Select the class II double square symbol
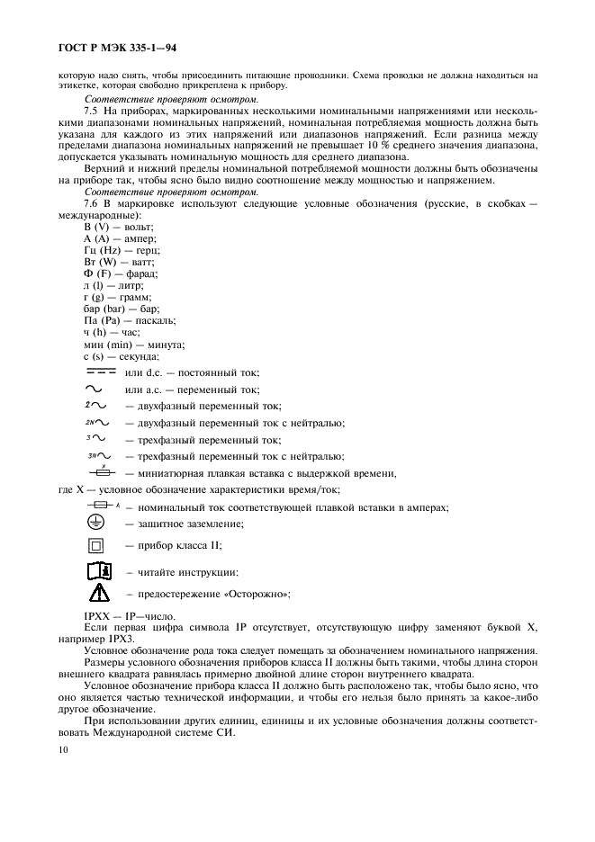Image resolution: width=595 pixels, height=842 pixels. (x=98, y=545)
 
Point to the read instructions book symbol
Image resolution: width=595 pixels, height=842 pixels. (x=98, y=570)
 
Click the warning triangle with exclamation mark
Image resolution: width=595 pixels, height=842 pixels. (x=98, y=593)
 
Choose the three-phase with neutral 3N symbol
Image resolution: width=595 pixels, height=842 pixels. (x=99, y=456)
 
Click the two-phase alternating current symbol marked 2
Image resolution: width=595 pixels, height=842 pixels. (x=95, y=406)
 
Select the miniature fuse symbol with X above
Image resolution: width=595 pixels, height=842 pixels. (x=102, y=472)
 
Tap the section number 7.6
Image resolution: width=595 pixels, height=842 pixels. (x=91, y=205)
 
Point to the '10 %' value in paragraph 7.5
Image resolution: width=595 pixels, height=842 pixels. (x=397, y=144)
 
